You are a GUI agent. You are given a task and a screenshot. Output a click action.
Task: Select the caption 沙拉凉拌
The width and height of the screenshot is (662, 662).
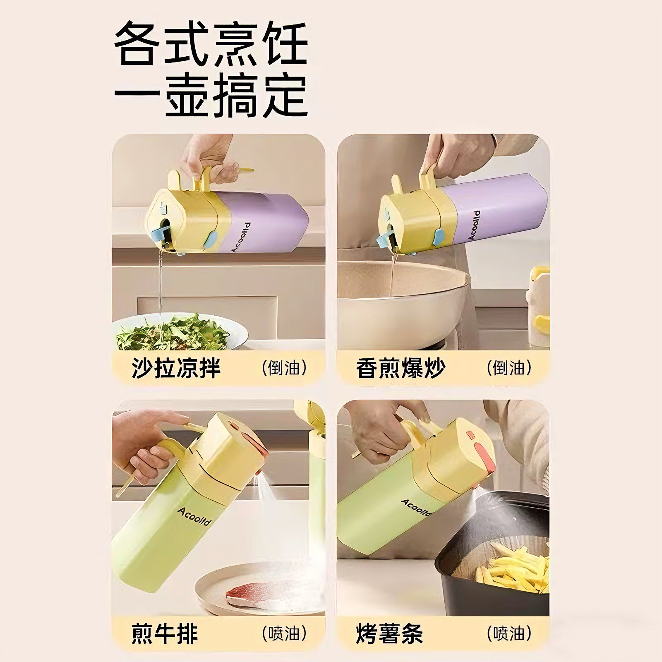pyautogui.click(x=176, y=368)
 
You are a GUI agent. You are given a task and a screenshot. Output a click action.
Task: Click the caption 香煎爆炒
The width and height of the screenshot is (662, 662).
pyautogui.click(x=401, y=368)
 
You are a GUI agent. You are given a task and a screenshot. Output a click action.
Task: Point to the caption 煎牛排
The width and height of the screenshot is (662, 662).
pyautogui.click(x=165, y=633)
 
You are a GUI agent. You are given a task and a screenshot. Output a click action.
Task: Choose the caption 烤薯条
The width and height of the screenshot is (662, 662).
pyautogui.click(x=389, y=633)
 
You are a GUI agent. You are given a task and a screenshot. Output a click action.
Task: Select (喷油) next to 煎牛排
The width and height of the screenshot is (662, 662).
pyautogui.click(x=284, y=633)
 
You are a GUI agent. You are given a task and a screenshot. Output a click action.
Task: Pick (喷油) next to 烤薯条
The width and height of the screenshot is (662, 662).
pyautogui.click(x=509, y=633)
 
